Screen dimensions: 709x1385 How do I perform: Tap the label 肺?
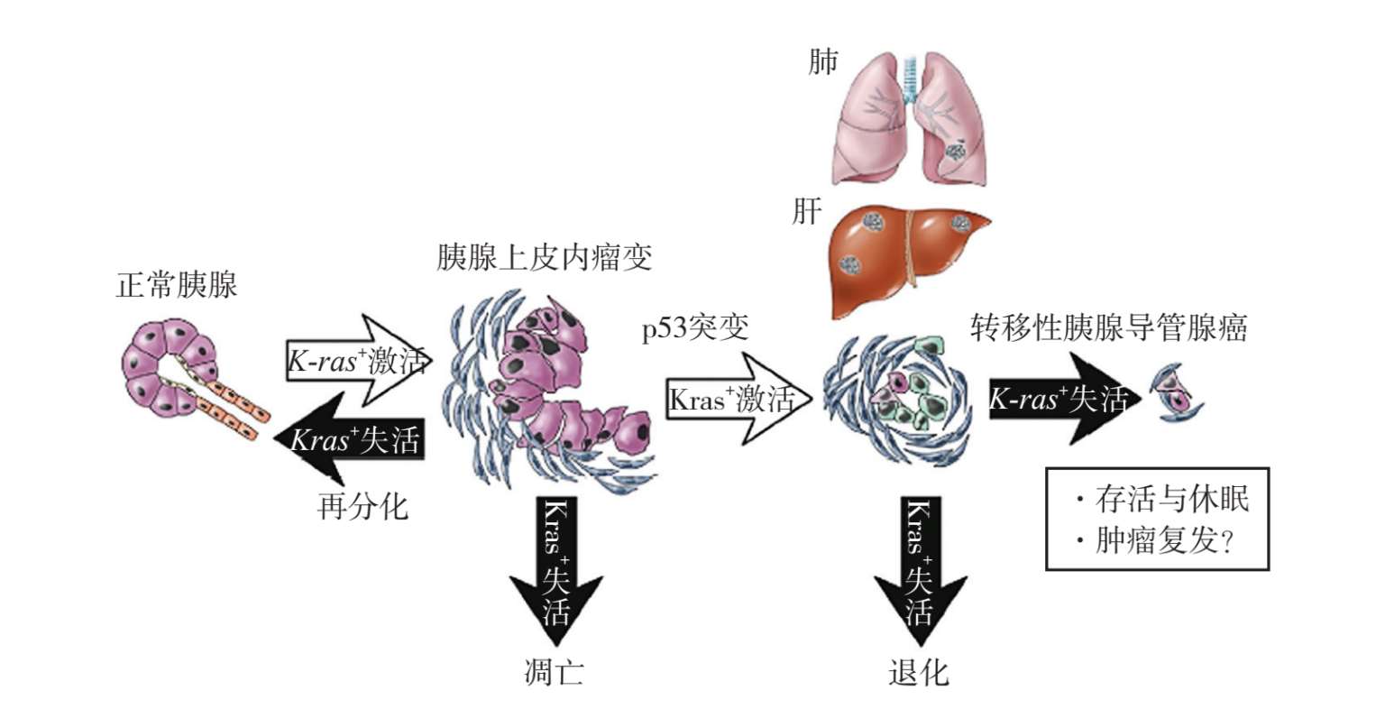[821, 62]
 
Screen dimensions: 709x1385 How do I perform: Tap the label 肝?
[806, 213]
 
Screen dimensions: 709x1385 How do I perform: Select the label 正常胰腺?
[177, 286]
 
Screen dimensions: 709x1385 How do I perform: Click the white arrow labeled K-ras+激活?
[356, 361]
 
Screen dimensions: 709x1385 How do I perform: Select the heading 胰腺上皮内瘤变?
[544, 259]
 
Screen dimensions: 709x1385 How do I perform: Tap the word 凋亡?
[554, 673]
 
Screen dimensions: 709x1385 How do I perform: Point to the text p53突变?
[695, 328]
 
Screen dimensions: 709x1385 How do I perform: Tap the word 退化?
[918, 673]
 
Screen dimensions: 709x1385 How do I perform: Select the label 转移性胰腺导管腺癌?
[1108, 328]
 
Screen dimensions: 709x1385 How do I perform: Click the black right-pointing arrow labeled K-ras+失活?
[1063, 399]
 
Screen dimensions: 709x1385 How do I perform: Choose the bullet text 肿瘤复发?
[1163, 541]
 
